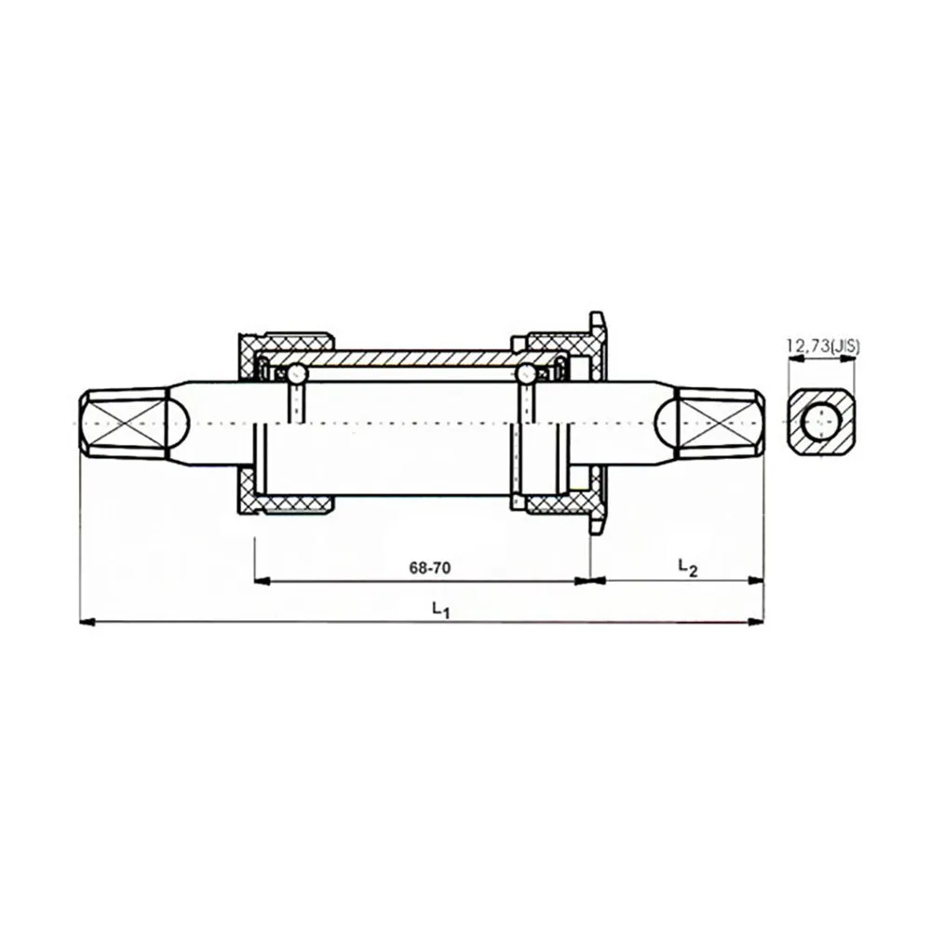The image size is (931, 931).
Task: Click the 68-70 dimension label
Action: [x=430, y=568]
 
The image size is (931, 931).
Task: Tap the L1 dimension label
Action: [x=440, y=609]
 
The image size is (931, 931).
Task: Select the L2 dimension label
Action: [x=688, y=566]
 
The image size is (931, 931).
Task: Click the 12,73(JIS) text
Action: [x=823, y=346]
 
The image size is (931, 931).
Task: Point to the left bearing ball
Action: [x=297, y=373]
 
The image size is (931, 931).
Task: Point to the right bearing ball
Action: [x=527, y=373]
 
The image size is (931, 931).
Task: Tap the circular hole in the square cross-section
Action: [x=821, y=423]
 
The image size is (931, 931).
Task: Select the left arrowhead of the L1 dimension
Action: [x=88, y=622]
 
